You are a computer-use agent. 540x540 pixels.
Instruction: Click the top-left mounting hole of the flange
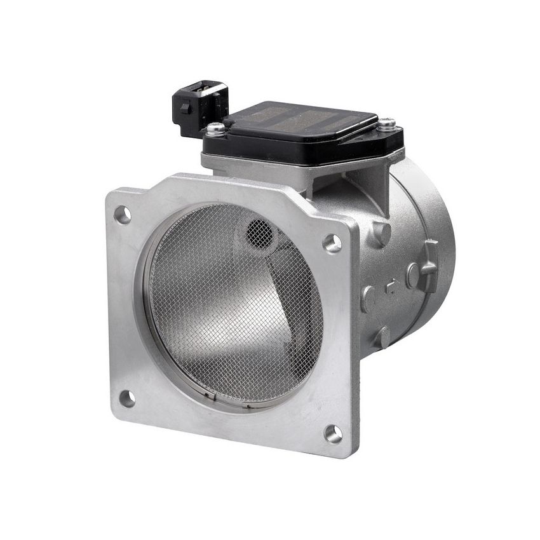coord(122,215)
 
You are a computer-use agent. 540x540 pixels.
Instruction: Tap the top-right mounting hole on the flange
coord(332,242)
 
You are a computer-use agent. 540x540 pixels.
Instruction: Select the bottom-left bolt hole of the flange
coord(127,398)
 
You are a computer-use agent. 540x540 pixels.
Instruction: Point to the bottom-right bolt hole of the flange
coord(333,433)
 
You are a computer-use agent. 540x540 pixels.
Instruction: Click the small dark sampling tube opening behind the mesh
coord(259,233)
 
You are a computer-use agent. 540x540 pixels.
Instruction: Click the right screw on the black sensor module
coord(386,125)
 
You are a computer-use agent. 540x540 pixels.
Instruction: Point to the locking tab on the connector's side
coord(185,108)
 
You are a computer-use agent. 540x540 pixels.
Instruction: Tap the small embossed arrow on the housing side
coord(391,287)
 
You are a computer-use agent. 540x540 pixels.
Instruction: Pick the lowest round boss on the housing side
coord(382,337)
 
